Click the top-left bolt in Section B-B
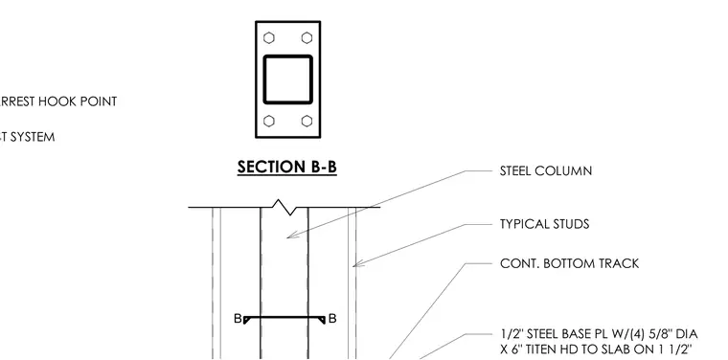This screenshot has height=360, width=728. (269, 37)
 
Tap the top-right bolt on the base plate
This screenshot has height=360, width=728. (307, 37)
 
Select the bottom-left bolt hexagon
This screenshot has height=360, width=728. (269, 121)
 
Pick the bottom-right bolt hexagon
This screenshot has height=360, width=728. (307, 121)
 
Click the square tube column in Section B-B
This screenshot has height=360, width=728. (288, 56)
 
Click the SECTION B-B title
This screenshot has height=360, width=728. (287, 167)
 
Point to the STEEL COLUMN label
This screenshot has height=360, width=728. (546, 171)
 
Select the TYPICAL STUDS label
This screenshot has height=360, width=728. (545, 225)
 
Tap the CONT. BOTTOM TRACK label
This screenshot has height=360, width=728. (570, 263)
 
